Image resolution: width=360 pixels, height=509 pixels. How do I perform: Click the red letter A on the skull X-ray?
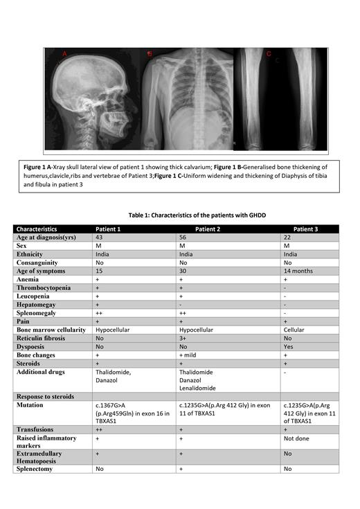pyautogui.click(x=65, y=53)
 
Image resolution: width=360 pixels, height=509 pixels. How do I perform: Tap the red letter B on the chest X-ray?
pyautogui.click(x=148, y=53)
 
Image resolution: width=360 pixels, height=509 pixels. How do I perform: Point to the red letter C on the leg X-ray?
pyautogui.click(x=269, y=53)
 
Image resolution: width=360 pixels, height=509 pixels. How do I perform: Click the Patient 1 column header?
pyautogui.click(x=110, y=229)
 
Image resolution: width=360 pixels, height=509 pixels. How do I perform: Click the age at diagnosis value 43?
pyautogui.click(x=100, y=238)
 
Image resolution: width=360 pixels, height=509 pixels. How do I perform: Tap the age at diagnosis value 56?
pyautogui.click(x=183, y=238)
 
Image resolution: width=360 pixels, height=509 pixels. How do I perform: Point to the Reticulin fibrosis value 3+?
pyautogui.click(x=183, y=339)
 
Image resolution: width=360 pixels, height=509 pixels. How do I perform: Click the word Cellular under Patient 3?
pyautogui.click(x=295, y=330)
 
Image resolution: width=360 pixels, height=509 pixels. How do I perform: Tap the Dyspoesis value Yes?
pyautogui.click(x=289, y=347)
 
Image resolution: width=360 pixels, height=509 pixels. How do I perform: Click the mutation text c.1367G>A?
pyautogui.click(x=116, y=404)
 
